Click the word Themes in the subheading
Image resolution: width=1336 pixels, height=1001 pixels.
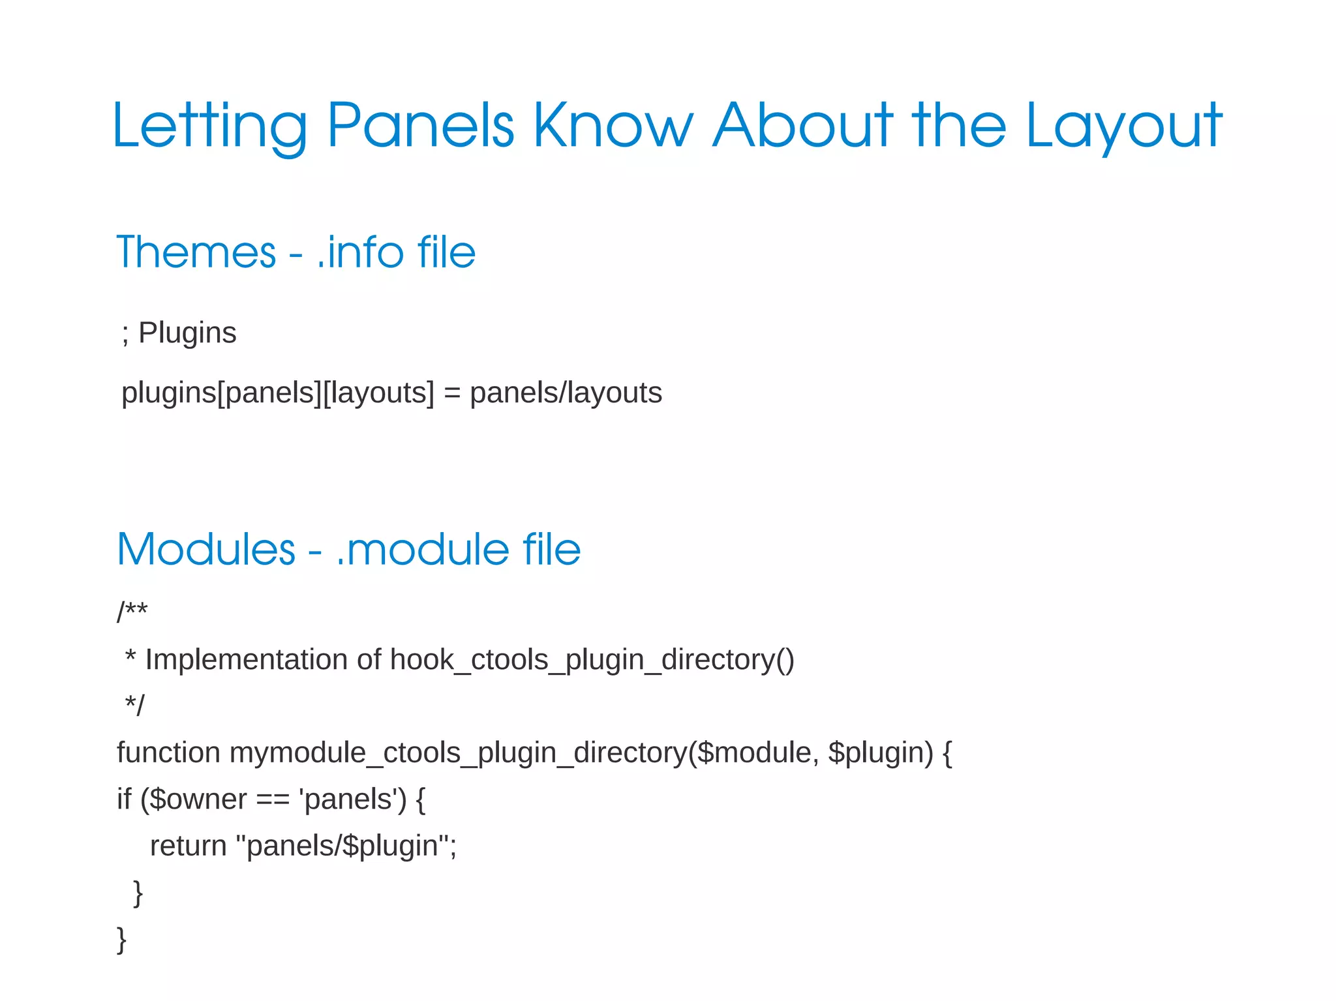pos(196,252)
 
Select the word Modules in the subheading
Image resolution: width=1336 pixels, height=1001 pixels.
pos(206,549)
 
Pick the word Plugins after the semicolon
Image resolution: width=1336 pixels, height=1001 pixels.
pos(187,333)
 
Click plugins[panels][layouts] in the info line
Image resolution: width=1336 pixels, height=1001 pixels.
pos(278,393)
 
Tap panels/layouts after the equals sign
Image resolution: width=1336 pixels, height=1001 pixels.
pos(566,393)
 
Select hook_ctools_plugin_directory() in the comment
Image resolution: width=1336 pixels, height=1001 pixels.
pos(592,659)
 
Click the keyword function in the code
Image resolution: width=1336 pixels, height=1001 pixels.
pos(168,753)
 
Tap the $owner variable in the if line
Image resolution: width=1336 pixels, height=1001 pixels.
pos(198,799)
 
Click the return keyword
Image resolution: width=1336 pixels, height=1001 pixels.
pos(188,846)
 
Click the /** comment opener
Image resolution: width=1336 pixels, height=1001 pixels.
pos(132,612)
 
